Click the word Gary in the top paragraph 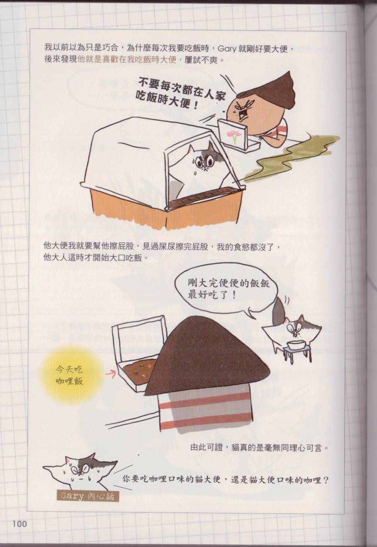click(227, 49)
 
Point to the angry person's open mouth click(243, 114)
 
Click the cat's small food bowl click(295, 345)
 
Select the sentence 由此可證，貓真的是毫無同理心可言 click(259, 448)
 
